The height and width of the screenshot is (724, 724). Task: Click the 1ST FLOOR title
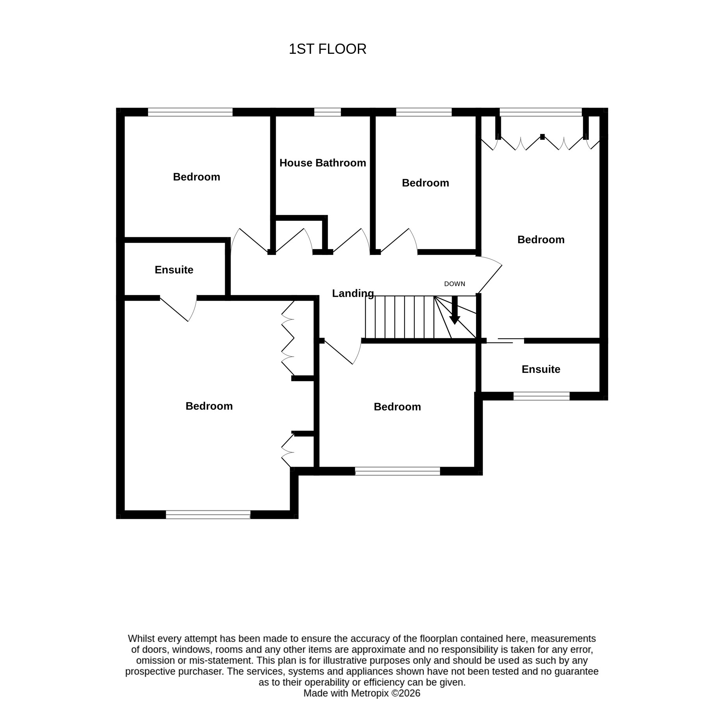pyautogui.click(x=327, y=49)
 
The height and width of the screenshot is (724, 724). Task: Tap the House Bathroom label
pyautogui.click(x=323, y=163)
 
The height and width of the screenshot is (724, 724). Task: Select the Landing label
pyautogui.click(x=353, y=293)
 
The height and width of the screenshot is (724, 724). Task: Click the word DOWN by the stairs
pyautogui.click(x=455, y=284)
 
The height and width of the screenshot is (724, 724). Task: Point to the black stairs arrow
pyautogui.click(x=455, y=310)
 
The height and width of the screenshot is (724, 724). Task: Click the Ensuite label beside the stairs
pyautogui.click(x=541, y=369)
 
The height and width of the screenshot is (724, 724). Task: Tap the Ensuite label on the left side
pyautogui.click(x=174, y=270)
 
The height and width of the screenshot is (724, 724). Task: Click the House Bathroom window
pyautogui.click(x=328, y=112)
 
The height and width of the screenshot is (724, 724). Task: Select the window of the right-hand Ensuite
pyautogui.click(x=541, y=396)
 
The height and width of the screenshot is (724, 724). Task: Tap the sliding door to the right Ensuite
pyautogui.click(x=505, y=341)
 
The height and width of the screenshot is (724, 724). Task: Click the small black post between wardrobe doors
pyautogui.click(x=542, y=137)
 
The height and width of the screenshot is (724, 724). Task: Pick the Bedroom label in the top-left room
pyautogui.click(x=196, y=177)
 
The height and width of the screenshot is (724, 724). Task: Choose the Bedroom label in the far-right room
pyautogui.click(x=541, y=240)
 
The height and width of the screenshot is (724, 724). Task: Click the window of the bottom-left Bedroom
pyautogui.click(x=208, y=515)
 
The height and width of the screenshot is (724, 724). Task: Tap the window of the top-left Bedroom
pyautogui.click(x=190, y=112)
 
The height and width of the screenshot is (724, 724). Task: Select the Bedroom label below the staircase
pyautogui.click(x=397, y=407)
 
